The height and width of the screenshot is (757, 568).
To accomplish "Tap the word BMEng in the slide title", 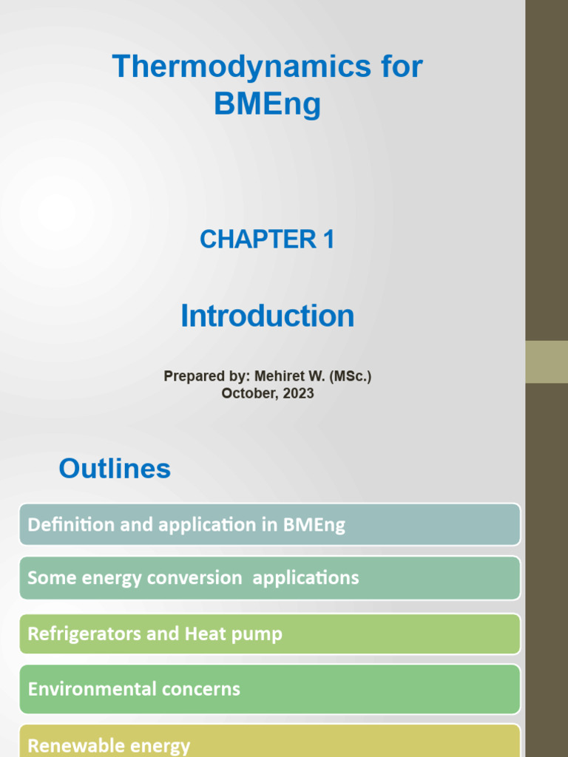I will pos(268,103).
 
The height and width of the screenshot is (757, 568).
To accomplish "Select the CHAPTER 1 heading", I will pos(267,240).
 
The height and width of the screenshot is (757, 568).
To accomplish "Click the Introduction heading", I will pos(267,316).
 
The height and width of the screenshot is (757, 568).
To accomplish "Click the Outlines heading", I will pos(115,469).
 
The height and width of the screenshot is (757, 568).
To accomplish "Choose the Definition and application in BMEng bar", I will pos(270,525).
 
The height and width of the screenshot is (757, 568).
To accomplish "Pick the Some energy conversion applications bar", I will pos(270,578).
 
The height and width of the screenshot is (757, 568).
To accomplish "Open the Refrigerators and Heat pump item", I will pos(270,634).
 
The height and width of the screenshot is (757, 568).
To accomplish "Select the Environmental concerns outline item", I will pos(270,689).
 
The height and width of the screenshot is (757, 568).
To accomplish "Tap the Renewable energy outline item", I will pos(270,743).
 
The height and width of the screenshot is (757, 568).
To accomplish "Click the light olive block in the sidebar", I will pos(547,361).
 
